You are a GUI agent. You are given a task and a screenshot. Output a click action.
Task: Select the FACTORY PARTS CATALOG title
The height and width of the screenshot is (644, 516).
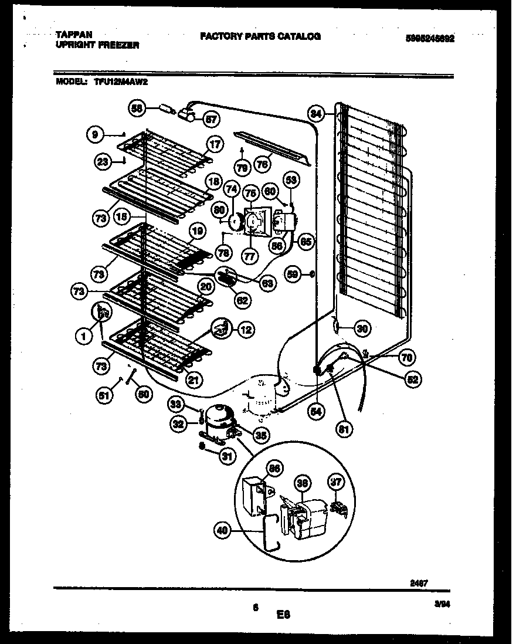pyautogui.click(x=260, y=36)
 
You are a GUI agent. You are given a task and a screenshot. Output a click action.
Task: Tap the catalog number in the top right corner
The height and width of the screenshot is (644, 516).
pyautogui.click(x=430, y=39)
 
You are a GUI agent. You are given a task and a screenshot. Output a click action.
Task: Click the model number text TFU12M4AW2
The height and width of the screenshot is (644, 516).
pyautogui.click(x=120, y=83)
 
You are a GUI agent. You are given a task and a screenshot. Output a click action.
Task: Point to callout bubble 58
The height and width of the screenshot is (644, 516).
pyautogui.click(x=137, y=108)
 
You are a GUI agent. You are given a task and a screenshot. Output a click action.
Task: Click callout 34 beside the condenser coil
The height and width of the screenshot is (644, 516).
pyautogui.click(x=316, y=113)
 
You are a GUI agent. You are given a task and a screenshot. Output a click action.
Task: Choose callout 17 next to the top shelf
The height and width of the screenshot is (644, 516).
pyautogui.click(x=215, y=144)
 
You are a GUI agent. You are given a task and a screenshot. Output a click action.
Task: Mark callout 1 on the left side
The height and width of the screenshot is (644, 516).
pyautogui.click(x=84, y=336)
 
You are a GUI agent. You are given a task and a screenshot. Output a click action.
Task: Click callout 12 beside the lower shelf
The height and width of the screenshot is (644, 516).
pyautogui.click(x=246, y=330)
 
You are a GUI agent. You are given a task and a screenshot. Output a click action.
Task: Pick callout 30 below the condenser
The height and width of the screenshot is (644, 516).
pyautogui.click(x=362, y=329)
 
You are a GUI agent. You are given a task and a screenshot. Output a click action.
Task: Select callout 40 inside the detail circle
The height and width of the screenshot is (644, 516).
pyautogui.click(x=222, y=531)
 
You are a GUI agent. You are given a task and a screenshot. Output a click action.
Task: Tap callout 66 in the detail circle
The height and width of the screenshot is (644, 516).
pyautogui.click(x=273, y=468)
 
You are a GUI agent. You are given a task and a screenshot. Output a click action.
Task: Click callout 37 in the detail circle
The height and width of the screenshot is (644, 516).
pyautogui.click(x=334, y=482)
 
